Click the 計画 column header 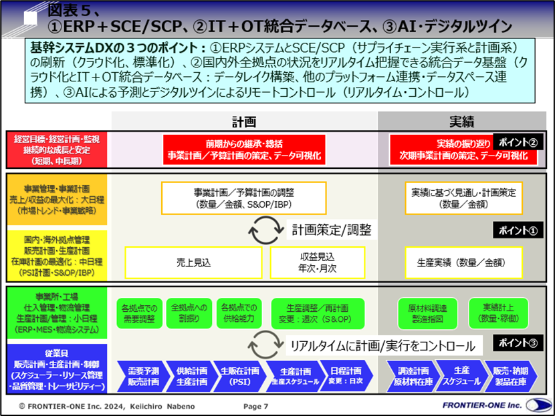pos(244,122)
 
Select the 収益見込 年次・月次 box pos(317,262)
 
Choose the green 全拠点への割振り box pos(188,313)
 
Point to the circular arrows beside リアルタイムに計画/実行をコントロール pos(263,346)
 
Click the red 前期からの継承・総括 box pos(244,150)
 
